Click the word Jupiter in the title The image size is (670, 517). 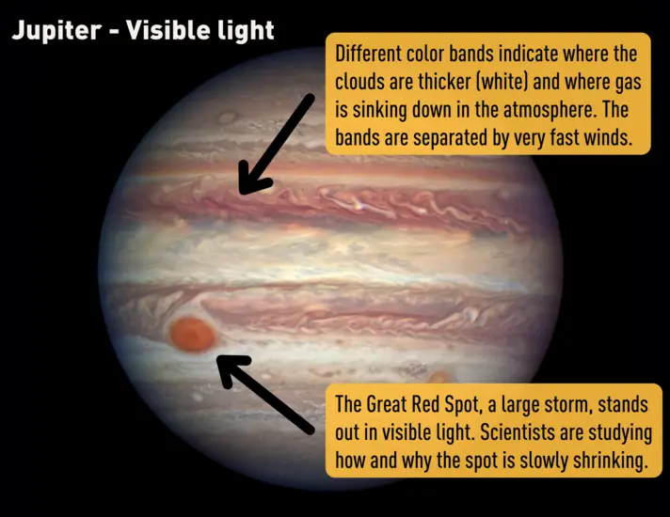pyautogui.click(x=55, y=30)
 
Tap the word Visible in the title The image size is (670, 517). pyautogui.click(x=165, y=30)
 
